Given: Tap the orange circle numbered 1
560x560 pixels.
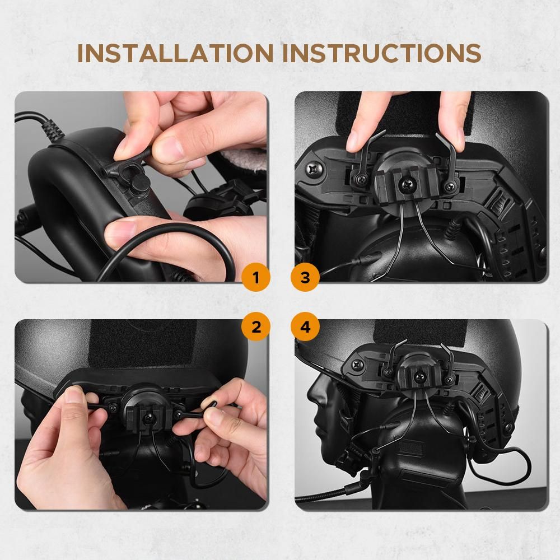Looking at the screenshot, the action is pos(256,277).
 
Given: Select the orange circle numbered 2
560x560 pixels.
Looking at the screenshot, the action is pos(256,326).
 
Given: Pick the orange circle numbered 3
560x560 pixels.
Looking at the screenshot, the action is pos(305,277).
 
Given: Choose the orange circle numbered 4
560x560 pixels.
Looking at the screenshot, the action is pos(305,326).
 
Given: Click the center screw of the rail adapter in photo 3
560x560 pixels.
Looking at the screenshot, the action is pos(407,184).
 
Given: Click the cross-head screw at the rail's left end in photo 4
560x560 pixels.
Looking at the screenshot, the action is pos(357,365).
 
